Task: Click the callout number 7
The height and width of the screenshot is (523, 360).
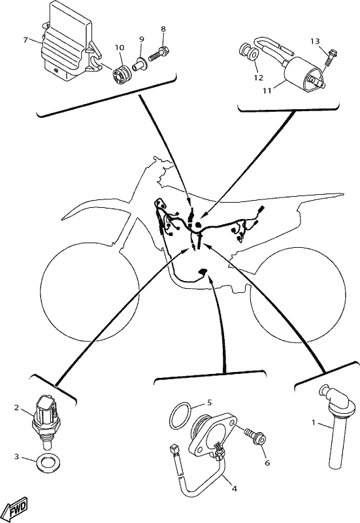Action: pos(25,40)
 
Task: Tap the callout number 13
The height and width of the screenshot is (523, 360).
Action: pos(315,41)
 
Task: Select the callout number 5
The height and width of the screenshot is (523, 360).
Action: pos(209,403)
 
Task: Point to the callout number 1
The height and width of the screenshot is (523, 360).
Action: pos(313,422)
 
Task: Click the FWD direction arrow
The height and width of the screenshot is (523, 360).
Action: pos(18,509)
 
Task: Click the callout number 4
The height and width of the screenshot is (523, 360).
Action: pos(235,488)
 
